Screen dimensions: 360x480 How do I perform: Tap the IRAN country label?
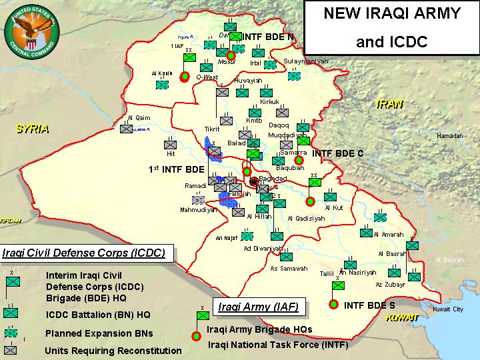[391, 104]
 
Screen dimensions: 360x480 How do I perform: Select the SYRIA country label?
[33, 129]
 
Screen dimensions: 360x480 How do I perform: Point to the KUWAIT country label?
[402, 317]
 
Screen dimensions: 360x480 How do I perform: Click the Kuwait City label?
[447, 309]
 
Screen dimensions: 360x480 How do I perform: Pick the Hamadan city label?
[449, 135]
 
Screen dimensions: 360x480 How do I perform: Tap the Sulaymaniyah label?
[306, 61]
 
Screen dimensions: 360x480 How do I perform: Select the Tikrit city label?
[211, 129]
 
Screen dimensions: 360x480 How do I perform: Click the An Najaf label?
[227, 237]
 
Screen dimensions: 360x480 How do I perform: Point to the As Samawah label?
[289, 269]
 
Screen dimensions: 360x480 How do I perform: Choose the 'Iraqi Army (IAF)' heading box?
[258, 307]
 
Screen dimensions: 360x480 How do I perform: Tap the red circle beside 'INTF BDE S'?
[333, 305]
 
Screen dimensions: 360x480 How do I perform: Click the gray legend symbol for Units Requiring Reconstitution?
[11, 349]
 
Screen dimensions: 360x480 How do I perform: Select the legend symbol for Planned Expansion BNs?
[11, 333]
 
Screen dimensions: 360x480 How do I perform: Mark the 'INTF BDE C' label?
[337, 153]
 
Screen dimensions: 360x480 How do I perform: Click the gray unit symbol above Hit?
[170, 143]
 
